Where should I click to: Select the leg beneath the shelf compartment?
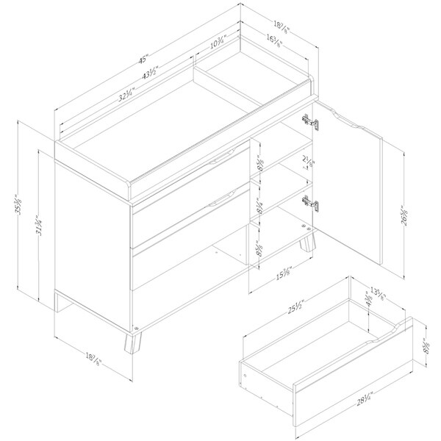305,243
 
